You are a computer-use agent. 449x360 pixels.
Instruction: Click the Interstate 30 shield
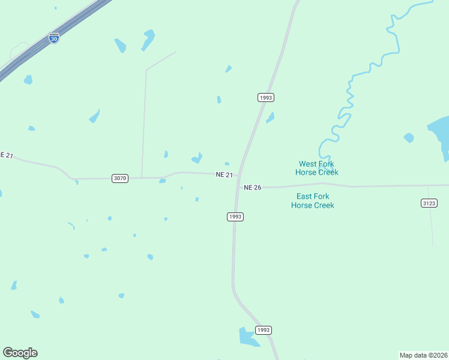pos(54,37)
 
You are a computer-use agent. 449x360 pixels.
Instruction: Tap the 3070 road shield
pos(120,178)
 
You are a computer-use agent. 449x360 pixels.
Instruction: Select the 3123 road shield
pos(429,203)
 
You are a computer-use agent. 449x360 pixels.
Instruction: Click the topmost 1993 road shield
pos(266,97)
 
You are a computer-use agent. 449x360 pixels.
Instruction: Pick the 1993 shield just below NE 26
pos(235,217)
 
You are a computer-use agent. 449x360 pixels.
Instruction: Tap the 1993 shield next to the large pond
pos(264,330)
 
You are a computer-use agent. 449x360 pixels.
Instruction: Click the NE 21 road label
pos(224,174)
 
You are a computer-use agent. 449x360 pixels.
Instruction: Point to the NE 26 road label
pos(253,187)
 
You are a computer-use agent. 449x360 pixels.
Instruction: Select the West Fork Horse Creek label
pos(317,168)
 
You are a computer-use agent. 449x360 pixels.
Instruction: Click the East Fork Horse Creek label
pos(313,200)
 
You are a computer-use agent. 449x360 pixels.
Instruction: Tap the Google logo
pos(20,353)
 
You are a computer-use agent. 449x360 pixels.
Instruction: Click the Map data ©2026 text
pos(424,355)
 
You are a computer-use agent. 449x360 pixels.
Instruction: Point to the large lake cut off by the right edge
pos(441,135)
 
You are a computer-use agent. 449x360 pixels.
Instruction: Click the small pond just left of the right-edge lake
pos(409,137)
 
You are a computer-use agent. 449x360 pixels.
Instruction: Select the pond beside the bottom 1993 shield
pos(247,337)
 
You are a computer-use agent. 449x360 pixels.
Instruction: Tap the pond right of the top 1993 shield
pos(271,117)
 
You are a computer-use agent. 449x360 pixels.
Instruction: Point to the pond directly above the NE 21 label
pos(227,164)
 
